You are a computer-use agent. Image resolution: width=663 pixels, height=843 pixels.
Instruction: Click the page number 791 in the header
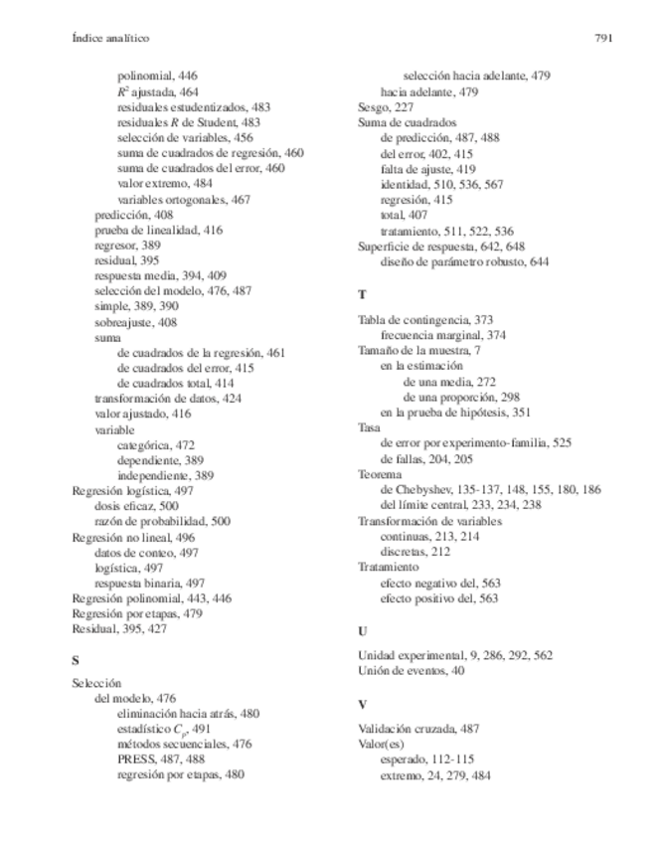pyautogui.click(x=603, y=39)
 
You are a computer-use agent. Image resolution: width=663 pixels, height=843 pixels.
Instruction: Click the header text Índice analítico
pyautogui.click(x=110, y=39)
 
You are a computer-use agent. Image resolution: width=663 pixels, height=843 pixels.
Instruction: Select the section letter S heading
pyautogui.click(x=77, y=659)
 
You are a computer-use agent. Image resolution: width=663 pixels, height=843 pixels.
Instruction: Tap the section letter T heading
pyautogui.click(x=361, y=295)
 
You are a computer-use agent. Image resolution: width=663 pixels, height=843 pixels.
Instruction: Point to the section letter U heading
pyautogui.click(x=362, y=630)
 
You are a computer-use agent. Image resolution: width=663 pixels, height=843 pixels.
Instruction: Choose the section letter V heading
pyautogui.click(x=362, y=704)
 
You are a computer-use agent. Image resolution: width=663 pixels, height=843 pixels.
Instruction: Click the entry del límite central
pyautogui.click(x=461, y=505)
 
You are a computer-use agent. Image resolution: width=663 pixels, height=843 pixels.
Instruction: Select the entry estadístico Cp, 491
pyautogui.click(x=164, y=729)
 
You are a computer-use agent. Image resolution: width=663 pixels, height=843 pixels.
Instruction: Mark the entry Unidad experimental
pyautogui.click(x=455, y=655)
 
